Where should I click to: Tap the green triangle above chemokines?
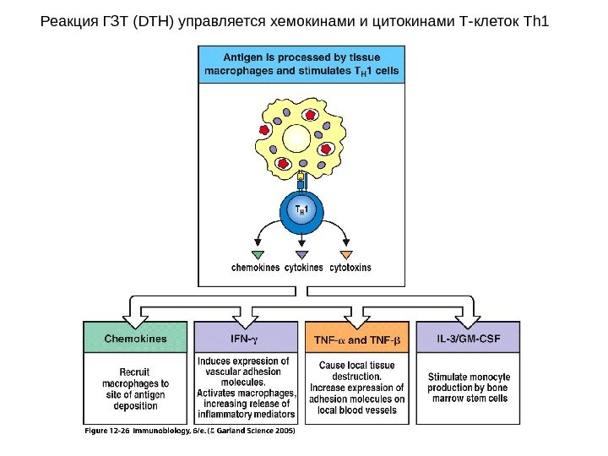(x=258, y=254)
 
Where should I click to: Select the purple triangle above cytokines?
(x=301, y=254)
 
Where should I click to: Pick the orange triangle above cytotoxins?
(x=345, y=254)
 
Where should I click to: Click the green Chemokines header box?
(x=136, y=338)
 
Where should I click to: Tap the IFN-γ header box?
(x=246, y=338)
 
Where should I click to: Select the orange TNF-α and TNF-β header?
(x=356, y=339)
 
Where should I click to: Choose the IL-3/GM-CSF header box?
(x=467, y=338)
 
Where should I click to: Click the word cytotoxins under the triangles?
(x=350, y=268)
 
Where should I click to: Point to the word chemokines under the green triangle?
(x=255, y=268)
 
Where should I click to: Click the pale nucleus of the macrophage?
(x=297, y=138)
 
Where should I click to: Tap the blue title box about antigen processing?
(x=301, y=64)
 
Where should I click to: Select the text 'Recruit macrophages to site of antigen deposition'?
(x=136, y=388)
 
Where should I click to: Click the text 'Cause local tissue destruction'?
(x=356, y=371)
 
